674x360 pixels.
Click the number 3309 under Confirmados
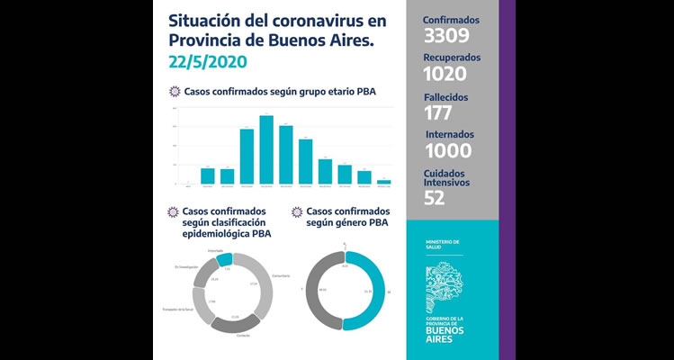[x=445, y=36]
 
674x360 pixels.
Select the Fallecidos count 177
[x=438, y=112]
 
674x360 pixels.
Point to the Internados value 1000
[x=448, y=151]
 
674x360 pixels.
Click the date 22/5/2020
[x=207, y=63]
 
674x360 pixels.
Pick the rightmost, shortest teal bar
[x=384, y=182]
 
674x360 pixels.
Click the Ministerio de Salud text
[x=442, y=244]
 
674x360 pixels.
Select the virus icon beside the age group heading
[x=175, y=92]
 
